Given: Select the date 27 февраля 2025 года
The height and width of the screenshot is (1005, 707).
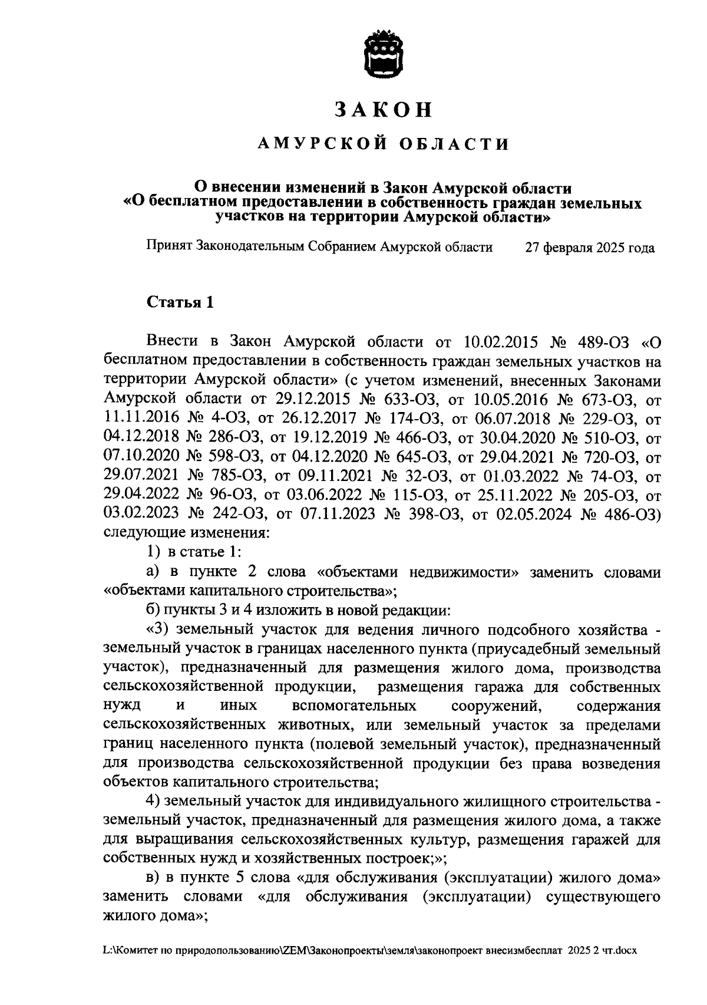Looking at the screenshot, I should [x=590, y=248].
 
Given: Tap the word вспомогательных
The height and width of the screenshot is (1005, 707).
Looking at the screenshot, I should [x=354, y=706].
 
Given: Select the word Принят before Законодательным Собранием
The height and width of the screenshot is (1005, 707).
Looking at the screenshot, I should [x=169, y=247].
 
